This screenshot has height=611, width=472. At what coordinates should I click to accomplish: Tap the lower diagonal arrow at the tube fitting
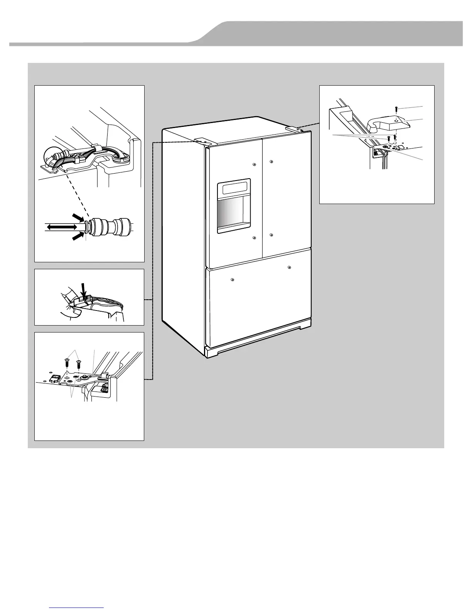[x=79, y=236]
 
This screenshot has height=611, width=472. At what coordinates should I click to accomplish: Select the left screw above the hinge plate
[x=67, y=362]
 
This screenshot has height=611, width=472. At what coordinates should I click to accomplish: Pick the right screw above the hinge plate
[x=78, y=363]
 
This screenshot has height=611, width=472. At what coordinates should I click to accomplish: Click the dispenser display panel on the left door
[x=234, y=189]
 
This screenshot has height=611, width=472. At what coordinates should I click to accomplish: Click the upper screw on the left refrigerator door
[x=254, y=165]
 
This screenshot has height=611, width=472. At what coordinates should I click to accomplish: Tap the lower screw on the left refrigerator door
[x=254, y=238]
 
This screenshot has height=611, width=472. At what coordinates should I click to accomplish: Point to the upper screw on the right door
[x=271, y=161]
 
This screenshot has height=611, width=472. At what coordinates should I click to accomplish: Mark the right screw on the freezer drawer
[x=289, y=268]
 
